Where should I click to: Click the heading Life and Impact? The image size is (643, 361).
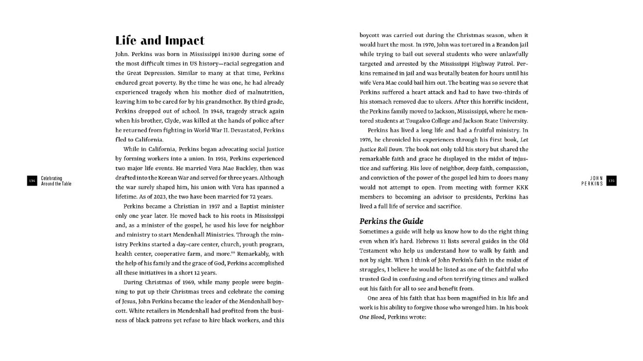(x=160, y=41)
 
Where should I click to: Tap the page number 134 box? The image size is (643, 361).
(x=32, y=180)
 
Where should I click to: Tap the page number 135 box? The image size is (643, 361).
(x=611, y=180)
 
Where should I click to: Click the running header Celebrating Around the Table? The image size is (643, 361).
(x=56, y=180)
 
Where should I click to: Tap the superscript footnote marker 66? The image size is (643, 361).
(x=233, y=252)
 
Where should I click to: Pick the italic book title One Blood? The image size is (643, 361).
(x=371, y=318)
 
